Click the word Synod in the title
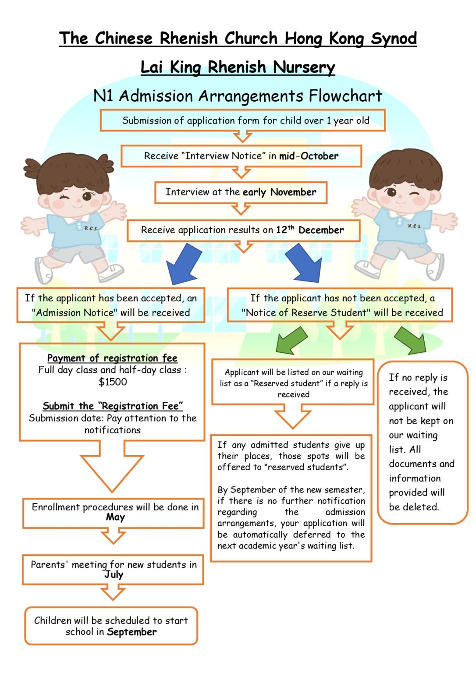click(x=393, y=39)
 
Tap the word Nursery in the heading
click(x=304, y=67)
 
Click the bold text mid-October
click(x=309, y=156)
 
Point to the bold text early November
click(x=279, y=192)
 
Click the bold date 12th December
click(x=309, y=230)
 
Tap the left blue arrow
click(x=183, y=263)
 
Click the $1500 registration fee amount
click(x=113, y=382)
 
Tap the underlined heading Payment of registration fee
click(x=112, y=358)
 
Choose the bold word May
click(x=115, y=517)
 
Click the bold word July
click(x=114, y=574)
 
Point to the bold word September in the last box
click(x=131, y=632)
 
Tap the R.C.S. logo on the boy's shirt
click(x=414, y=226)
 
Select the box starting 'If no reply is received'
click(x=423, y=442)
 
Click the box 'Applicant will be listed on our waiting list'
click(x=293, y=383)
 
